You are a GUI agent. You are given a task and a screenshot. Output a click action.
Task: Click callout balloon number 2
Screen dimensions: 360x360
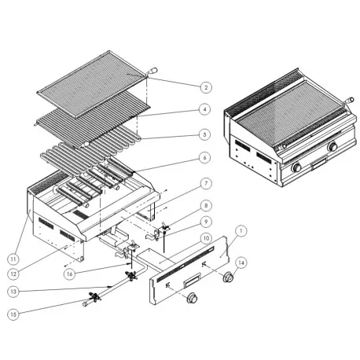click(205, 87)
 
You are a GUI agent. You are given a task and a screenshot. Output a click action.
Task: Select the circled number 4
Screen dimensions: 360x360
click(205, 109)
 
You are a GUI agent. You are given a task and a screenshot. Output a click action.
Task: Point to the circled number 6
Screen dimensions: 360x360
click(205, 157)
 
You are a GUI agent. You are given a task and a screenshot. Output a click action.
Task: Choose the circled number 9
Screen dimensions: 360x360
click(205, 222)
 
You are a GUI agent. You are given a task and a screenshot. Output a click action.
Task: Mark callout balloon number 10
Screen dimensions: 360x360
click(205, 237)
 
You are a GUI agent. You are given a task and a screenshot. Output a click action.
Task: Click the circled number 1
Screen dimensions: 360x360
click(241, 230)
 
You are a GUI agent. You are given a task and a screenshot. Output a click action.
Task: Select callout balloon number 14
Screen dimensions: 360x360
click(241, 263)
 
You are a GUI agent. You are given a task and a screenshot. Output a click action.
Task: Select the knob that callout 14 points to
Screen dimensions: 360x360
click(230, 278)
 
